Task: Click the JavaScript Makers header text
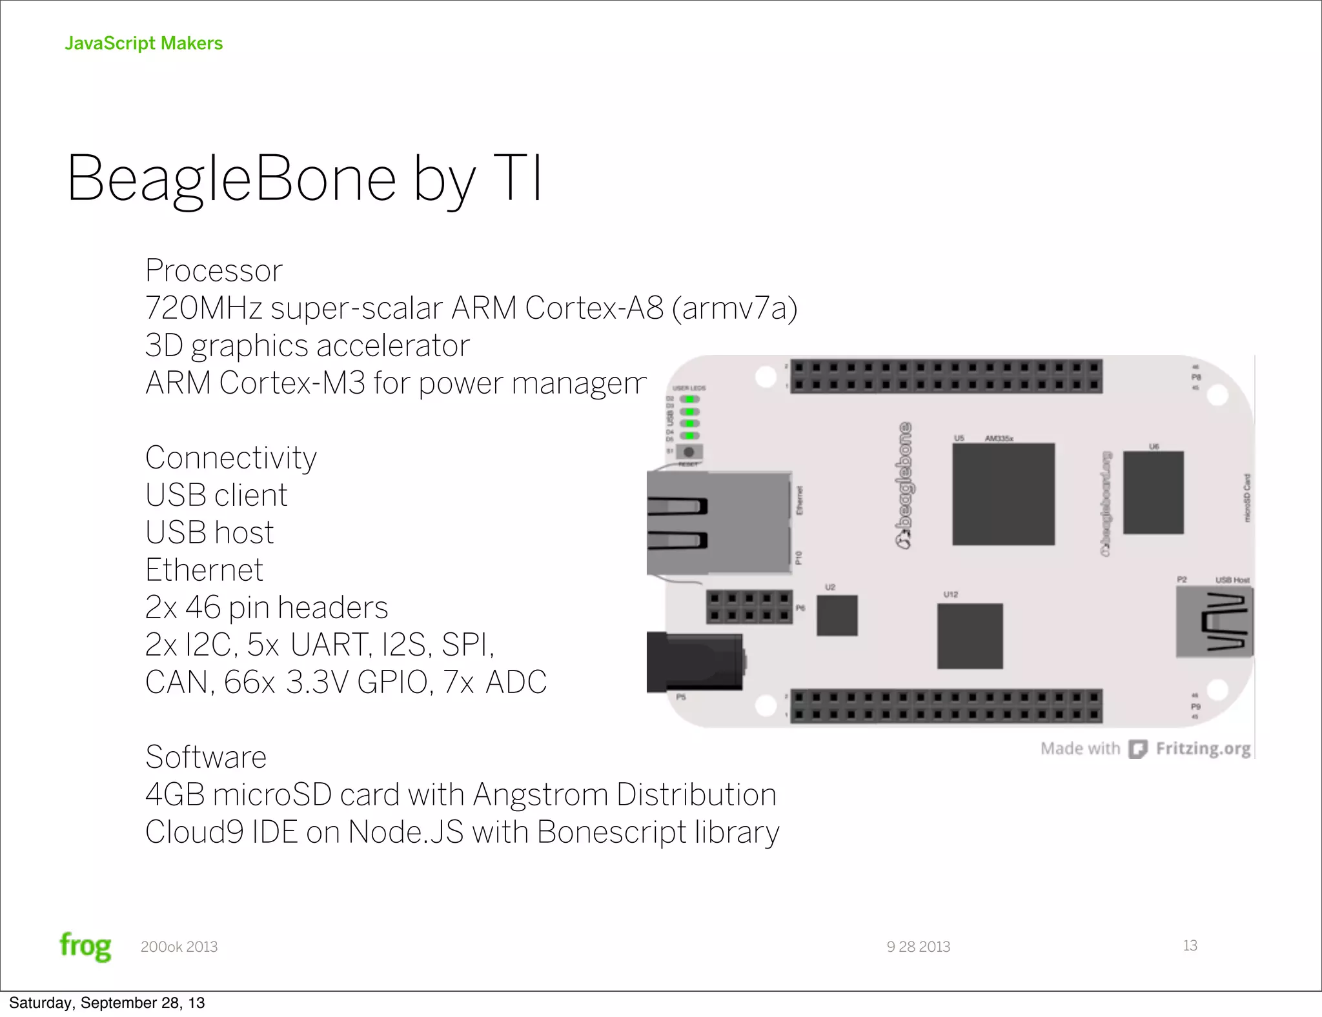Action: [143, 43]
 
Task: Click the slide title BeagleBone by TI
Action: [304, 179]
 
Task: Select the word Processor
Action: [214, 270]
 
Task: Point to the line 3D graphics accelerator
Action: [307, 345]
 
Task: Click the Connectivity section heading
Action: [230, 458]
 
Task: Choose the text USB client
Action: [216, 495]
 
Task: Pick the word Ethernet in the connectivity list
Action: [204, 570]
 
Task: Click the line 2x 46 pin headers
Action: [267, 607]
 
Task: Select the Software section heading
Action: [205, 757]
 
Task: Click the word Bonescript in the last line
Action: [611, 832]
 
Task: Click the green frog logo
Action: [85, 946]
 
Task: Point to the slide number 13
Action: [1190, 945]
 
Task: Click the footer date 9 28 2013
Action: [918, 947]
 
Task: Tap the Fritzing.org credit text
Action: [1203, 749]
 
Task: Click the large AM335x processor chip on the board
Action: [1003, 494]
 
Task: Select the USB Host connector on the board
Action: [1214, 623]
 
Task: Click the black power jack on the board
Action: [695, 662]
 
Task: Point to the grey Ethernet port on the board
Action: [718, 523]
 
